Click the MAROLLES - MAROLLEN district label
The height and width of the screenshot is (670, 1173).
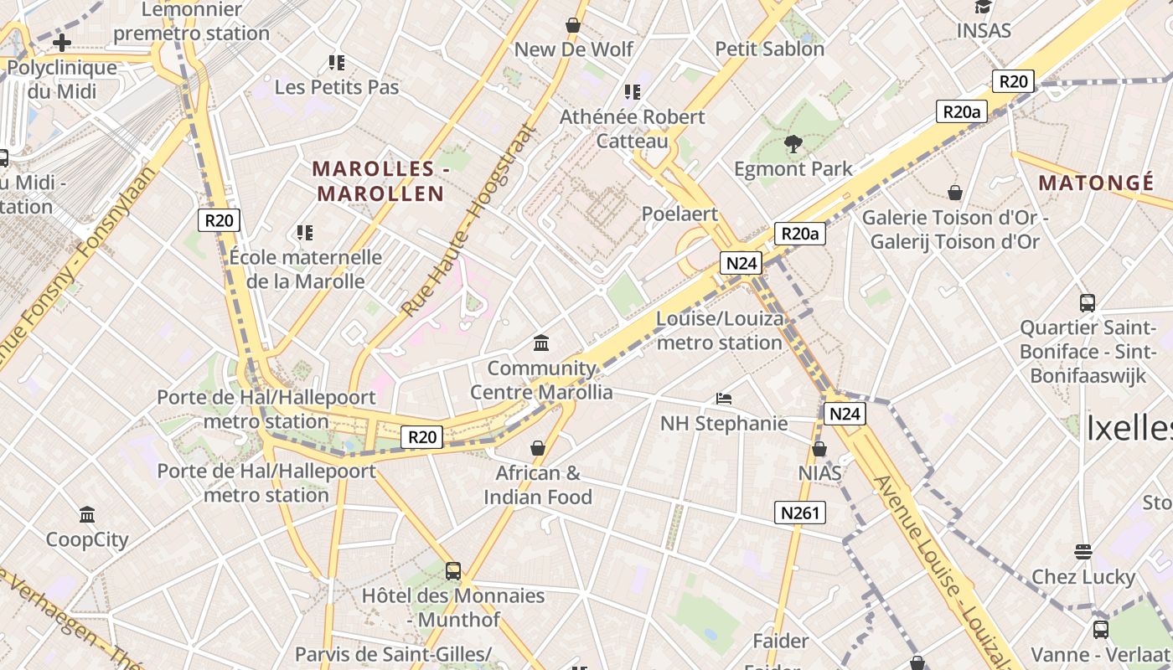(380, 181)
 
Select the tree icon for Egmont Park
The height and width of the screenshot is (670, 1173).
(793, 145)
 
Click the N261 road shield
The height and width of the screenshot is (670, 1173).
(799, 513)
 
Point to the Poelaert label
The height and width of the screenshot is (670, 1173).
(680, 214)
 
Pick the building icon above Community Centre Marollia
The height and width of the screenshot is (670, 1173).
(541, 343)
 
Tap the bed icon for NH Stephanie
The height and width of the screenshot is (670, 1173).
(724, 399)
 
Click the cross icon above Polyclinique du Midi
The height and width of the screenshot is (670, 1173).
(62, 43)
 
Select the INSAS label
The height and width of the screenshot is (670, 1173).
(984, 31)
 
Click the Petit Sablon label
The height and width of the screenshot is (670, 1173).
(769, 49)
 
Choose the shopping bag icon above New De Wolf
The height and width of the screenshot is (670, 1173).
(573, 25)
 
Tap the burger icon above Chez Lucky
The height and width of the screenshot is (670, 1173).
(1083, 552)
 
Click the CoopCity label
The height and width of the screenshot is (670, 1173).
(87, 539)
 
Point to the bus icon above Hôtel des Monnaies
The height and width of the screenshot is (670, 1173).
(453, 571)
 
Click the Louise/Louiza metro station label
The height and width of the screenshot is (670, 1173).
(720, 331)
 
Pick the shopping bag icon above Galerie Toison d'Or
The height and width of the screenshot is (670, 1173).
(954, 193)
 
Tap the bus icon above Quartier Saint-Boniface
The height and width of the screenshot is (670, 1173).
(1087, 303)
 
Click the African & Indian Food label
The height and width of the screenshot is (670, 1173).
(538, 485)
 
